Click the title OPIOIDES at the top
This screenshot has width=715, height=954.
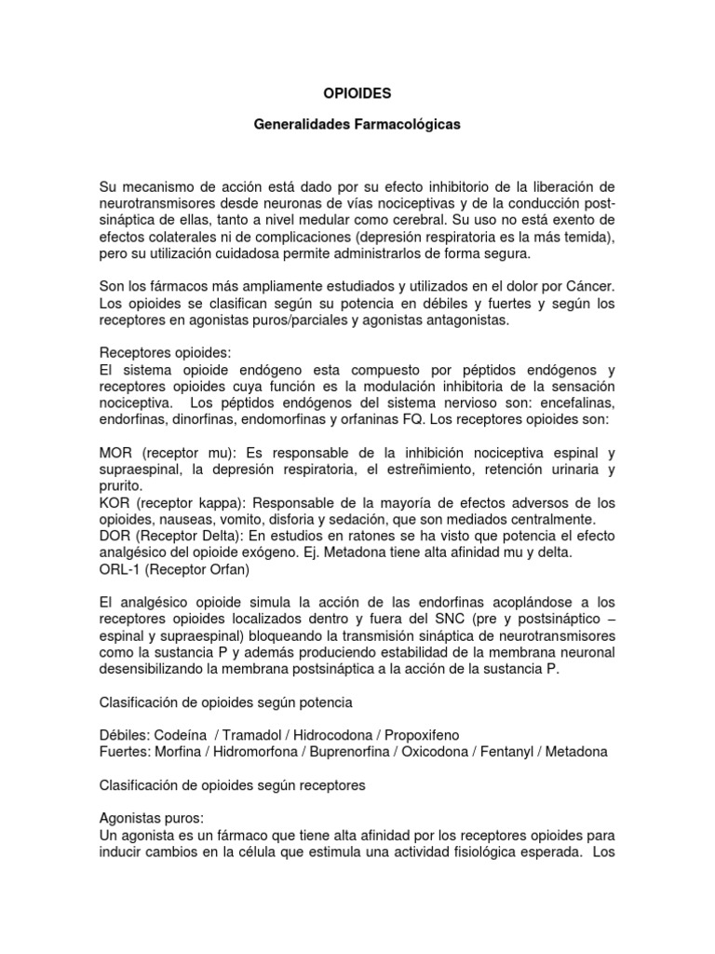[x=357, y=94]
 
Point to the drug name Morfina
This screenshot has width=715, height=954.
[x=178, y=752]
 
